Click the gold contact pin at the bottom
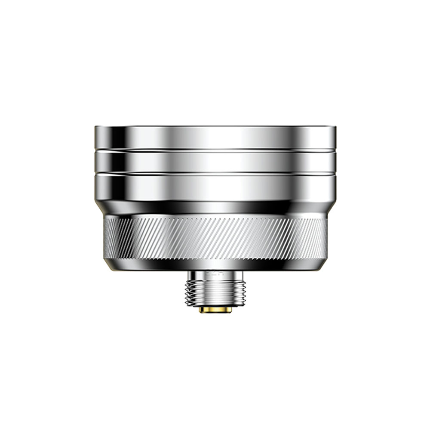(215, 310)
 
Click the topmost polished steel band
(215, 138)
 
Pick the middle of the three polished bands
(215, 162)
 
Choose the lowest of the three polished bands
(215, 187)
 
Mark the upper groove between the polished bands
(215, 150)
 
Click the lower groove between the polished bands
(215, 173)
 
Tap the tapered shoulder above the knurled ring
(215, 208)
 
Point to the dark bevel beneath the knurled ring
(215, 265)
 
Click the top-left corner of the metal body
(96, 127)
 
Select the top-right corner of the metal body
(335, 127)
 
